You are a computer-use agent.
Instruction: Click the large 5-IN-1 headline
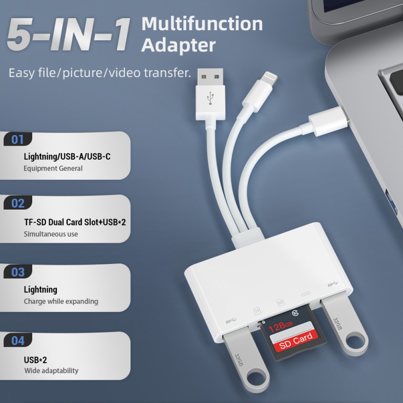pos(68,34)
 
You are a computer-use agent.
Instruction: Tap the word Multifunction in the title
pos(202,24)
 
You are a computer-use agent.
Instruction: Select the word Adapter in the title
pos(178,46)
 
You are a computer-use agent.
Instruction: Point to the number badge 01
pos(18,140)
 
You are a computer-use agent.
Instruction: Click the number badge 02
pos(18,203)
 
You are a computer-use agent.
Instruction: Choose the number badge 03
pos(18,272)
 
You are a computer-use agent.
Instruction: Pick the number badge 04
pos(18,341)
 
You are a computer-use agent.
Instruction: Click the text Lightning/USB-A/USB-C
pos(67,156)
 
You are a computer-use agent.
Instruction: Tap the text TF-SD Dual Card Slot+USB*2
pos(75,222)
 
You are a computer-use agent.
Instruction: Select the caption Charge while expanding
pos(61,301)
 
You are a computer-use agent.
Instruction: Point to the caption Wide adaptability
pos(51,370)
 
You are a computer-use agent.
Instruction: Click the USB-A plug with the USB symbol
pos(210,94)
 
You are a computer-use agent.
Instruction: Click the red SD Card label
pos(297,340)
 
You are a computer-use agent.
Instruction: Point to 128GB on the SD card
pos(280,326)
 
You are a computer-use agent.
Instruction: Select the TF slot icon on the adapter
pos(257,311)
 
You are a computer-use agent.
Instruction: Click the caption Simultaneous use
pos(51,234)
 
